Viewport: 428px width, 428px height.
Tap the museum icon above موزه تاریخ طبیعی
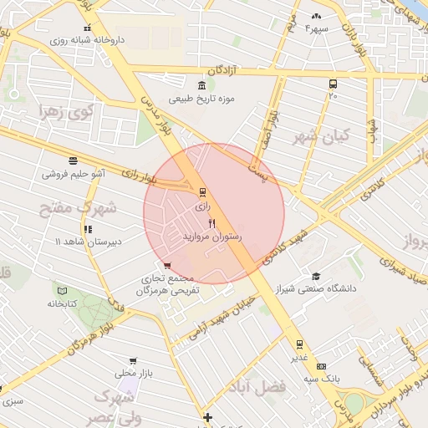(201, 86)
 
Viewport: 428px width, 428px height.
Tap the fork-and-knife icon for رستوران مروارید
(211, 223)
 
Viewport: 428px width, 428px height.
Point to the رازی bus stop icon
(201, 191)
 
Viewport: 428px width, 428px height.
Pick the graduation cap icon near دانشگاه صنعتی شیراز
(316, 276)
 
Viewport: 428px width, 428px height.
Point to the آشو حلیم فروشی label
(74, 175)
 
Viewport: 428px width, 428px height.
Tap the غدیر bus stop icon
(299, 344)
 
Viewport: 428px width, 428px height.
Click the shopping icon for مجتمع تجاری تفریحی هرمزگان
(167, 266)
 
